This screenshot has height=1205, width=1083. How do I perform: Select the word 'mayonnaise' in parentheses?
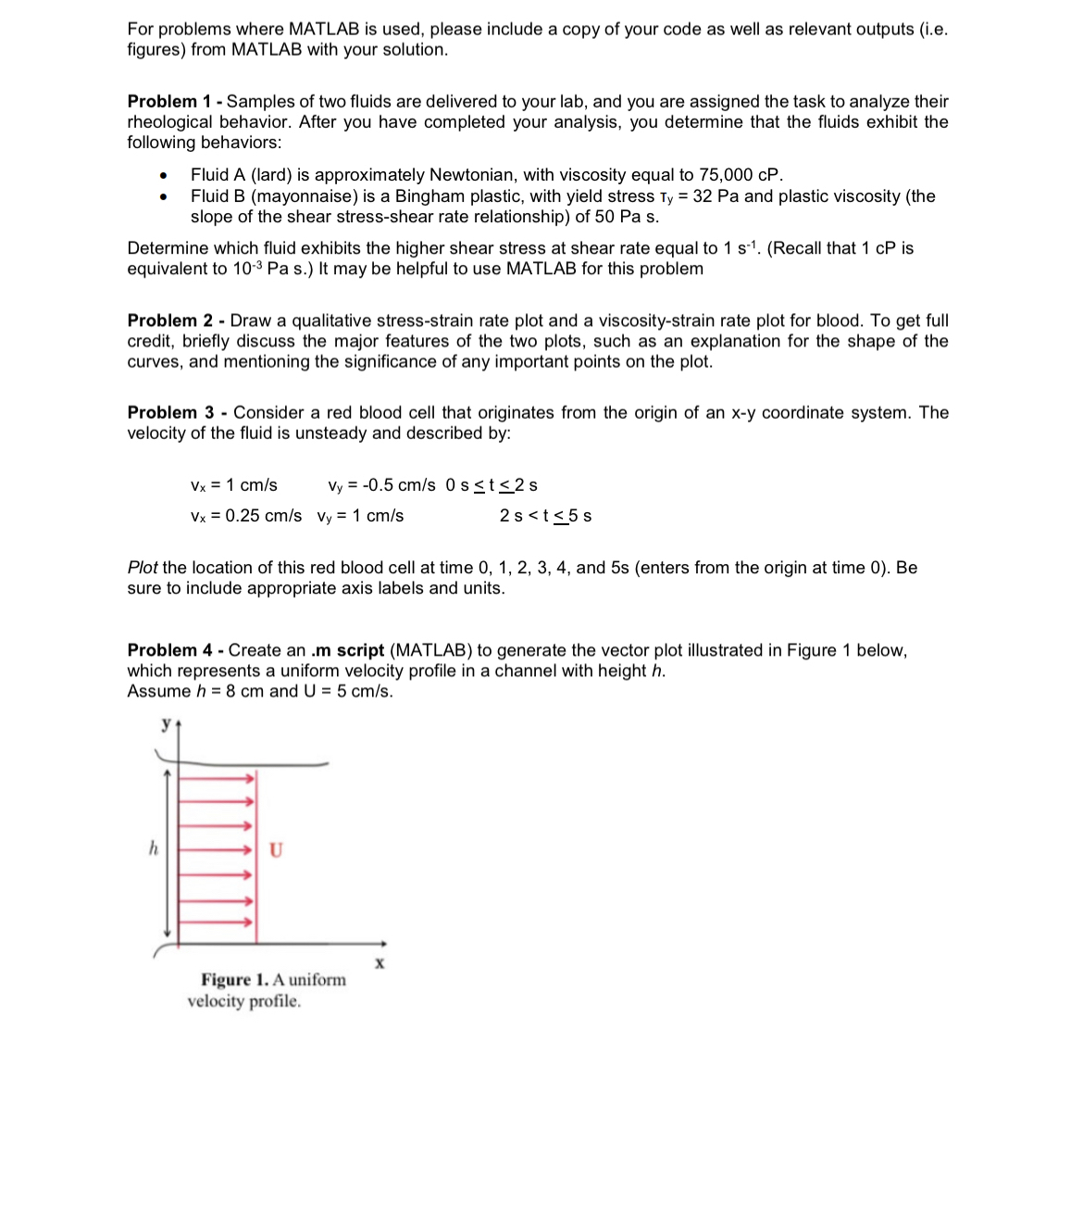point(304,196)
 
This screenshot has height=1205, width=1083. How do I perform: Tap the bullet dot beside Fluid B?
point(163,197)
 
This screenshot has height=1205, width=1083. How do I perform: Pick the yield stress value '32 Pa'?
point(716,196)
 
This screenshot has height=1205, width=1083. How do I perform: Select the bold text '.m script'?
point(347,650)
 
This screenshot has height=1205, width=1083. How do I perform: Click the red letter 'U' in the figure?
point(276,849)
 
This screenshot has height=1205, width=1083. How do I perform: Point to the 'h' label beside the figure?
point(154,847)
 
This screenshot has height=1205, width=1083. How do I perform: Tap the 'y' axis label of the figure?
point(167,723)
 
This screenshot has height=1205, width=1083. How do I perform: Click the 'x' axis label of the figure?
point(380,963)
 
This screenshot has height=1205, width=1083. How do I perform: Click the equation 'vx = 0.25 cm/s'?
point(245,516)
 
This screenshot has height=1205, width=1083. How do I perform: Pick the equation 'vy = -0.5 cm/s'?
point(381,485)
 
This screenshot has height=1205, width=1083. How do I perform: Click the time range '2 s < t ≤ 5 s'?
point(545,516)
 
